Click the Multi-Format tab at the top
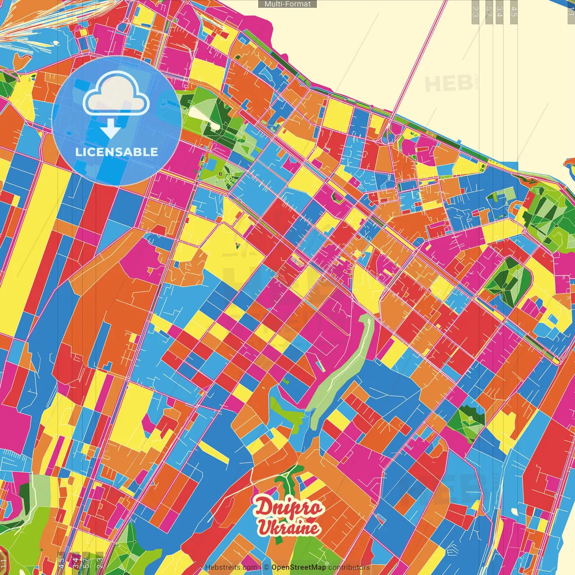pos(287,4)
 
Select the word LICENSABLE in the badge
pos(116,152)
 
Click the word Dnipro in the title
pos(289,508)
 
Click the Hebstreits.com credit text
pos(231,567)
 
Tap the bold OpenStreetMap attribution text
pos(299,567)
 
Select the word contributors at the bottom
pos(349,567)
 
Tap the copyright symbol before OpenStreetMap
pos(266,567)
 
